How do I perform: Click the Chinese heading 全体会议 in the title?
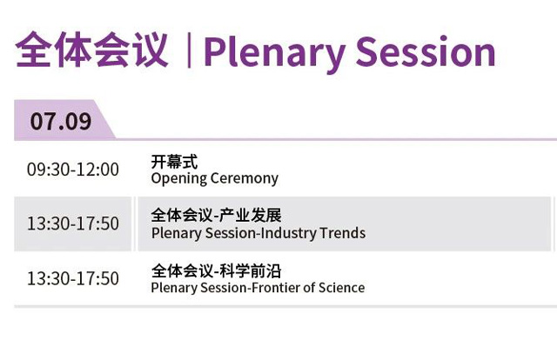pos(91,50)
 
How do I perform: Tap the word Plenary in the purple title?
pos(274,53)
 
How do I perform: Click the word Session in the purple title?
pos(426,51)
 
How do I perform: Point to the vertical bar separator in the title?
pos(189,50)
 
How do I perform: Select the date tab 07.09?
pos(61,121)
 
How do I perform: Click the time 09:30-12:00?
pos(73,169)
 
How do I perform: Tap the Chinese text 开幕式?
pos(174,162)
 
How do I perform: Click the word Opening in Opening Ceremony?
pos(179,178)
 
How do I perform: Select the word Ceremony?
pos(244,178)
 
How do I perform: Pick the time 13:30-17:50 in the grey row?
pos(73,223)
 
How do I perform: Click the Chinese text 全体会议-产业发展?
pos(217,215)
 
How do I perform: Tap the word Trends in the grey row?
pos(342,233)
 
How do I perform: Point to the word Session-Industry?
pos(261,234)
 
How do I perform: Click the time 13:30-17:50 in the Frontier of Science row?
pos(73,278)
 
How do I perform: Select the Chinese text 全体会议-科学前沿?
pos(217,271)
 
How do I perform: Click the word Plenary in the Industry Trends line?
pos(177,234)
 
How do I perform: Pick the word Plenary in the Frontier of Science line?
pos(174,288)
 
